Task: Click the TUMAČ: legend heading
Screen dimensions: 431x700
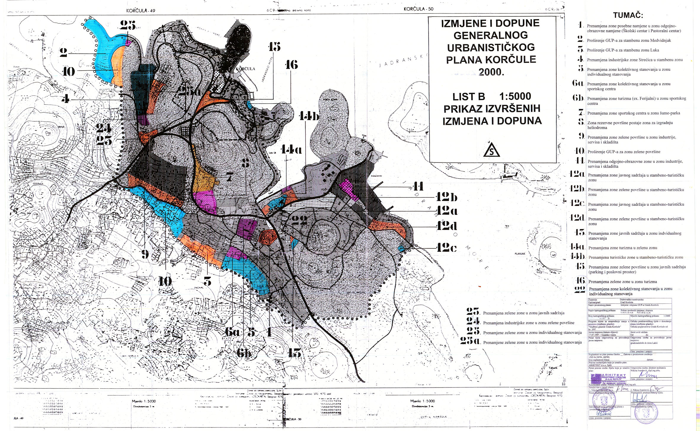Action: (628, 15)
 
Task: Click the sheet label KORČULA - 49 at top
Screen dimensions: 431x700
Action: (140, 11)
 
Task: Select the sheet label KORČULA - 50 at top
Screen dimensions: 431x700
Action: (418, 9)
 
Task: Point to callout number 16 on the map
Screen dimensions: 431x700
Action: (291, 65)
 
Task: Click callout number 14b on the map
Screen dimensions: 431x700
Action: (309, 116)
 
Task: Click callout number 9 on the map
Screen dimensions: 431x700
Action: (145, 254)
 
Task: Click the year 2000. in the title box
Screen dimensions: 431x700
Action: (491, 72)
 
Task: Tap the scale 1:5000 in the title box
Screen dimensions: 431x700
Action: (515, 97)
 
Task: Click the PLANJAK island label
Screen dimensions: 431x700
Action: (520, 254)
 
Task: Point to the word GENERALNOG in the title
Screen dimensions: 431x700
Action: (490, 35)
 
